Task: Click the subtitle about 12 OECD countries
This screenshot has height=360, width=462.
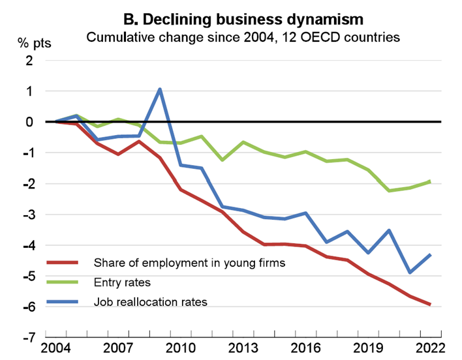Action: click(243, 37)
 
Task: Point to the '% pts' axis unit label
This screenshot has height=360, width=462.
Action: click(33, 44)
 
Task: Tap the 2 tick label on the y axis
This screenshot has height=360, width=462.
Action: click(29, 61)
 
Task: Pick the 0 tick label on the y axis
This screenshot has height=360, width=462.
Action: click(29, 122)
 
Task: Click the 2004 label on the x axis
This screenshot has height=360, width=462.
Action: click(56, 348)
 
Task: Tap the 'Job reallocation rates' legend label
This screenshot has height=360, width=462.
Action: click(151, 302)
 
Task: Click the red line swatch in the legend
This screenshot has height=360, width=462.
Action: click(63, 263)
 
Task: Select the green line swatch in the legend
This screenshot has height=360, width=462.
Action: click(63, 282)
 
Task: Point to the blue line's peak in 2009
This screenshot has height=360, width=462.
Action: click(160, 89)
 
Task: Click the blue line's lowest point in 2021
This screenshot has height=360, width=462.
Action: click(409, 272)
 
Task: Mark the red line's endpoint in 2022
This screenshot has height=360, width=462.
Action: click(430, 304)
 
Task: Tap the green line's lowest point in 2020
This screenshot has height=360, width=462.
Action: click(389, 190)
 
